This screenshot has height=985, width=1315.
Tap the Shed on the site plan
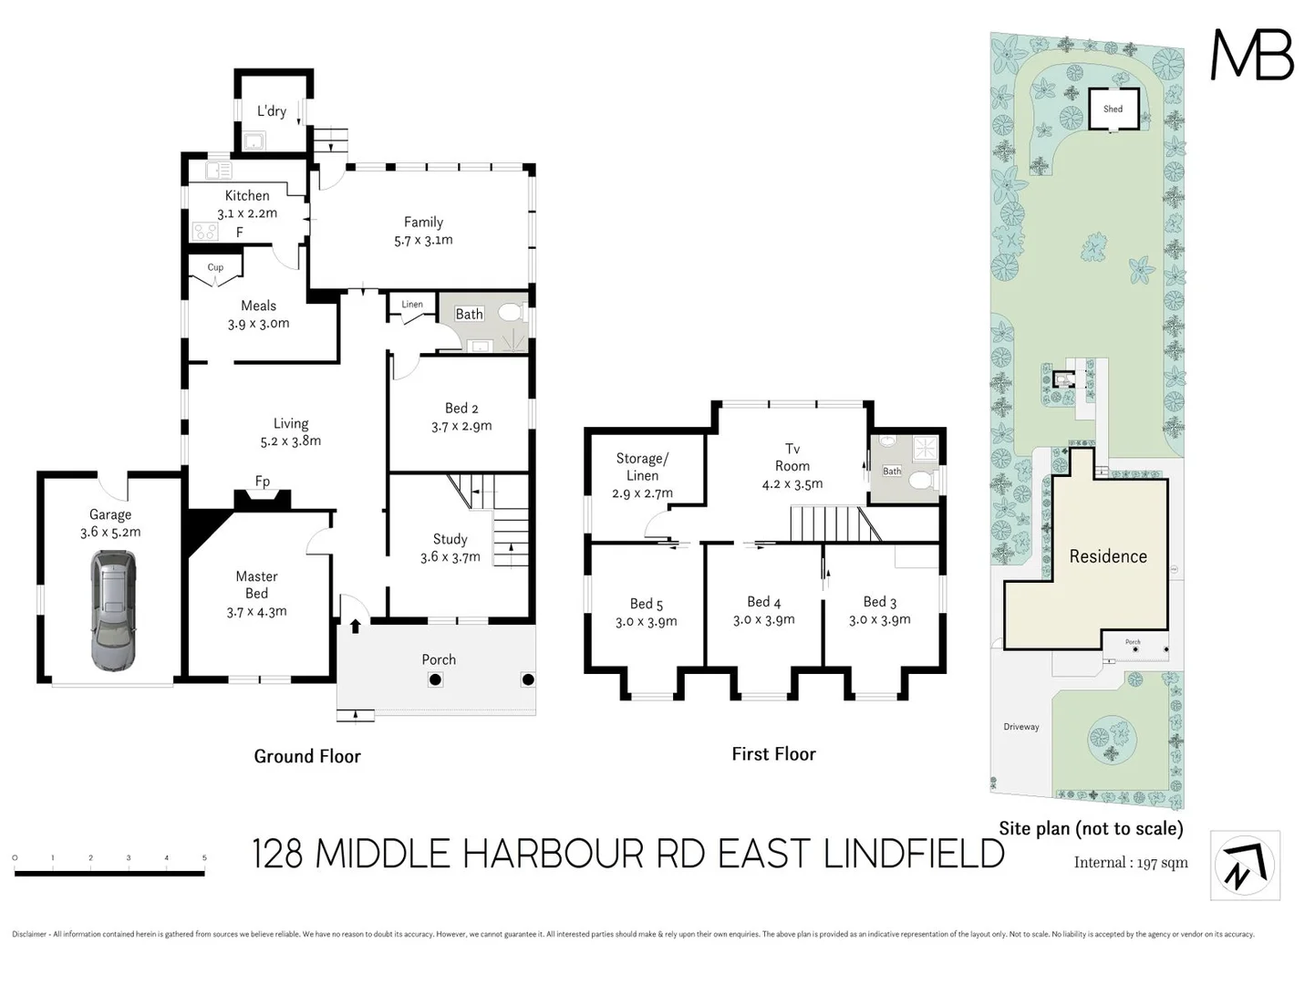(x=1113, y=109)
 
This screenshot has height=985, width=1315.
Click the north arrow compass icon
(x=1245, y=866)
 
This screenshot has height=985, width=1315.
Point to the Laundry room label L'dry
(x=271, y=110)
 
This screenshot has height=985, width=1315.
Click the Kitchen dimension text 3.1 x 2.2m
(x=247, y=213)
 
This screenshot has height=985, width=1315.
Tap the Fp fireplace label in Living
(x=263, y=482)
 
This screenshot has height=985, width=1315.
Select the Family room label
(x=423, y=222)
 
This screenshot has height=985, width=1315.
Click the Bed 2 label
(x=461, y=408)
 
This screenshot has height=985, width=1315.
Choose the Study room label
(x=450, y=539)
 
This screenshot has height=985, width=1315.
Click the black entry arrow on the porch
(x=355, y=626)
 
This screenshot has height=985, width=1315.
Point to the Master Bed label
(x=256, y=585)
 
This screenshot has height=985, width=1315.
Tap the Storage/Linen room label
(x=642, y=467)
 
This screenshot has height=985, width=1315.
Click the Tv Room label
(x=792, y=457)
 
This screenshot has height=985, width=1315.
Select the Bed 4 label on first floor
(x=763, y=602)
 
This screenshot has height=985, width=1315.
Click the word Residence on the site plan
(x=1108, y=556)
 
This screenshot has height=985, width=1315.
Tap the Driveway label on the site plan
(x=1020, y=727)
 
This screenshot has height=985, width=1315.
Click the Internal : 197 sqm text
(x=1131, y=863)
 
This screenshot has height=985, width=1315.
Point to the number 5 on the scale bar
(x=204, y=858)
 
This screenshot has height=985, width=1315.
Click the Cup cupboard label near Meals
(x=215, y=267)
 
